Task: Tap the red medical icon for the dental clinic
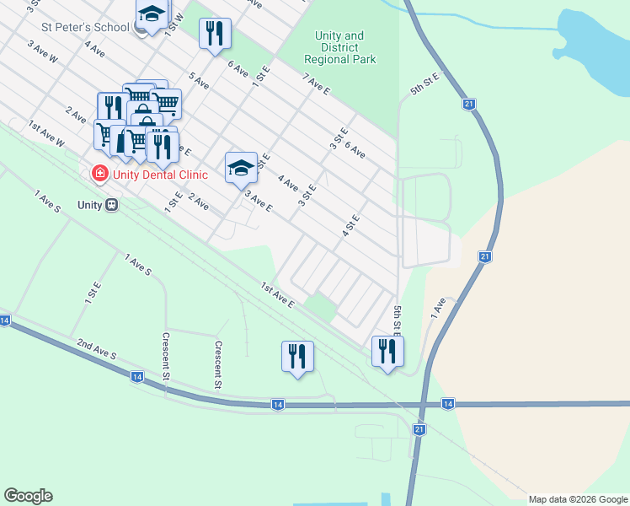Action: pos(99,174)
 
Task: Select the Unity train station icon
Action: pos(110,205)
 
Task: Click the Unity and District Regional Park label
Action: pos(339,48)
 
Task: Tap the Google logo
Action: pos(28,496)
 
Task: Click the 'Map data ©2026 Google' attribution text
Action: pos(578,499)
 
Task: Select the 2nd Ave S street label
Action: pos(96,354)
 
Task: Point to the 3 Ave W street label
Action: pos(42,52)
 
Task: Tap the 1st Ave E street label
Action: pos(276,294)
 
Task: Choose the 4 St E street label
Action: pos(350,225)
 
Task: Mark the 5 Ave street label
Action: pos(199,81)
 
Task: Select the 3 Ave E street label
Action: pos(258,201)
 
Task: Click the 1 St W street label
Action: pos(174,23)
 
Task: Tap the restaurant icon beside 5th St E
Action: pos(387,351)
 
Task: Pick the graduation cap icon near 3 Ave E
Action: pos(241,167)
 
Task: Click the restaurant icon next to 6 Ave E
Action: pos(215,33)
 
